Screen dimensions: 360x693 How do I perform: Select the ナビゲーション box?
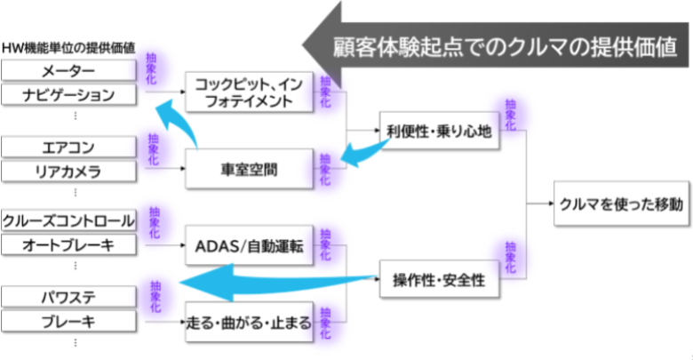coord(69,94)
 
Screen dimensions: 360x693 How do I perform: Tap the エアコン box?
coord(69,147)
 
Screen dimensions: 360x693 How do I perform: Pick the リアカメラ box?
coord(69,171)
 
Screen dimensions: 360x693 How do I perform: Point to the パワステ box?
coord(69,294)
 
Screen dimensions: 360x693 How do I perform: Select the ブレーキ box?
coord(69,320)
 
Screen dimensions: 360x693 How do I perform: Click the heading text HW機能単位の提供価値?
coord(69,46)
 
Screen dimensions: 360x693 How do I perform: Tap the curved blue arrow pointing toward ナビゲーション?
coord(182,124)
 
